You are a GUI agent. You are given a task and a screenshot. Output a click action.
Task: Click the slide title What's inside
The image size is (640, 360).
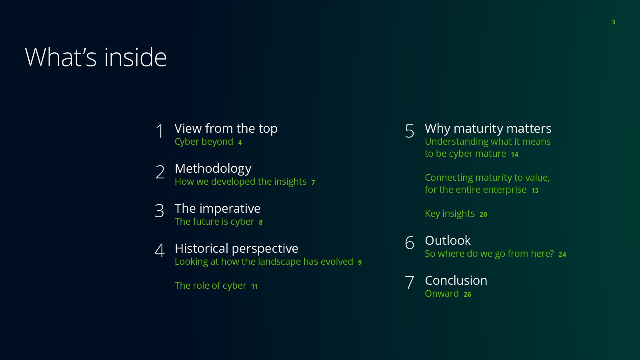click(96, 57)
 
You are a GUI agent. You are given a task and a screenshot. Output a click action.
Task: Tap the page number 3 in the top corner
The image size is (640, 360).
click(613, 22)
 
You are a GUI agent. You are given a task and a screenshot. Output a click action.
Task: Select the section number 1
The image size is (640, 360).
click(160, 131)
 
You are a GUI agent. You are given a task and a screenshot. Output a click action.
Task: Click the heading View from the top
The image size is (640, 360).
click(226, 128)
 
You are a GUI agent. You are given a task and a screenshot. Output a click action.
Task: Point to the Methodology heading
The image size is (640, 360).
click(213, 168)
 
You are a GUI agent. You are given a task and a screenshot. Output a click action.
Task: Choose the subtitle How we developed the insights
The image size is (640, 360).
click(240, 182)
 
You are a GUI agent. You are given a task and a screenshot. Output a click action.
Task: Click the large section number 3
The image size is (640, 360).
click(160, 210)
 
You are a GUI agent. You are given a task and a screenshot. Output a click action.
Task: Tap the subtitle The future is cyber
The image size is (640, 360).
click(214, 222)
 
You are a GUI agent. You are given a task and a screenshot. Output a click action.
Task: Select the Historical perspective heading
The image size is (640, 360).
click(236, 248)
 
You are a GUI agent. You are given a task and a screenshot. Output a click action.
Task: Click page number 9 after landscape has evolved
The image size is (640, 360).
click(360, 262)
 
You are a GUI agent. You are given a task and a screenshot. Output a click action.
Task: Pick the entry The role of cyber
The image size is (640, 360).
click(210, 286)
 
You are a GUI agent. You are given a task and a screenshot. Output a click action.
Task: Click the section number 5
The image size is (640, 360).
click(410, 131)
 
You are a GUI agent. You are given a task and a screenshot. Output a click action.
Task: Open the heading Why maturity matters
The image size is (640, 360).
click(488, 128)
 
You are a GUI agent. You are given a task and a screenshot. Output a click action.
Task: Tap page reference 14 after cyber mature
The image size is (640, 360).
click(514, 154)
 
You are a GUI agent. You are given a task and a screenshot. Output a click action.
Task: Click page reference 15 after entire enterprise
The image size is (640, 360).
click(535, 190)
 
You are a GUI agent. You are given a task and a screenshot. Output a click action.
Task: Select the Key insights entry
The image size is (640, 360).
click(450, 214)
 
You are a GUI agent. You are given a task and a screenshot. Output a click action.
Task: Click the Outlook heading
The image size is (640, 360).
click(448, 240)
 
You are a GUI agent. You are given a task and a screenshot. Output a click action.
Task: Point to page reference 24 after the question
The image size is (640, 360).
click(562, 254)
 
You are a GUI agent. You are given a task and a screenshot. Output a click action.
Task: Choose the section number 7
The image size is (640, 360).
click(410, 282)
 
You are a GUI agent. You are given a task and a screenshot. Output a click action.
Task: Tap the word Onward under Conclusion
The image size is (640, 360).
click(442, 294)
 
